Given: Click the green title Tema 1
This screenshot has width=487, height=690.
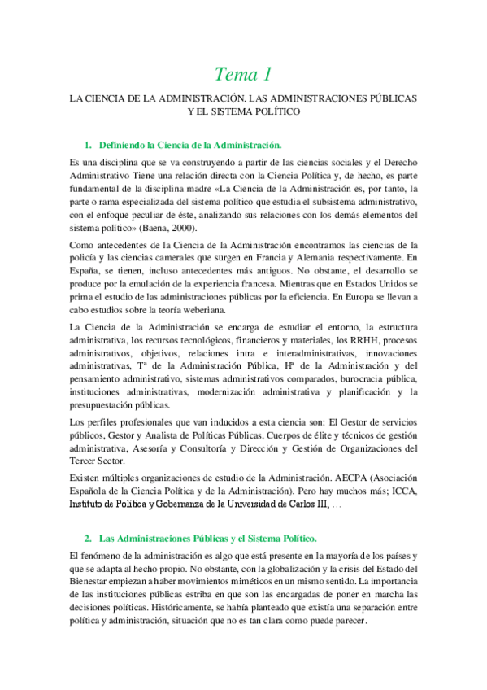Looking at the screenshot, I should (x=242, y=75).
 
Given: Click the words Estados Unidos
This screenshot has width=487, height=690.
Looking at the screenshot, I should (x=383, y=283).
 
